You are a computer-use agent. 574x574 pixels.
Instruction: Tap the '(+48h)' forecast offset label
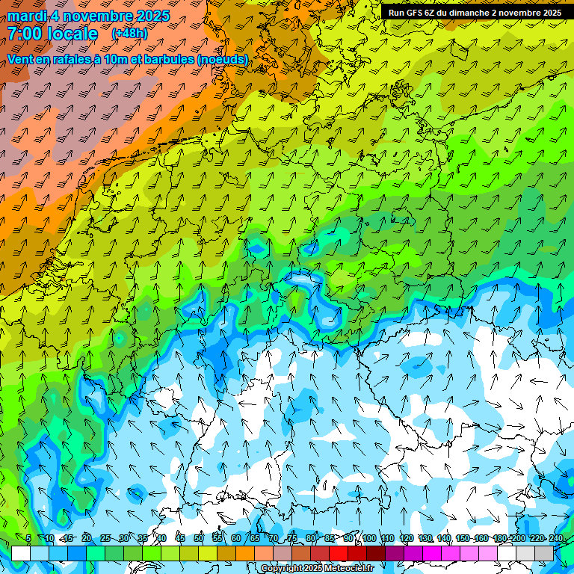[x=129, y=34]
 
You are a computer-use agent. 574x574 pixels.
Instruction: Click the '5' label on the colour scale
[x=28, y=539]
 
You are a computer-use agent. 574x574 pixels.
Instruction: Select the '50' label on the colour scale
[x=199, y=539]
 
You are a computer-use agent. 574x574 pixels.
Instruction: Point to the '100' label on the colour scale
[x=369, y=539]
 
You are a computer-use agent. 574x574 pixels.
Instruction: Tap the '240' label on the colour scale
[x=556, y=539]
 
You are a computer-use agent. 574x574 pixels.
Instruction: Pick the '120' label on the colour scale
[x=407, y=539]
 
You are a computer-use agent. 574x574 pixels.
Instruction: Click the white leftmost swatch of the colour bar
[x=20, y=553]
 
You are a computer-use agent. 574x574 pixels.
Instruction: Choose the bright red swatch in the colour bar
[x=339, y=553]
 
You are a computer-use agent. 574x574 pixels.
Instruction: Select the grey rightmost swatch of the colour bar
[x=544, y=553]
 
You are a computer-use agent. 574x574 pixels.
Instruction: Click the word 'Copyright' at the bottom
[x=282, y=569]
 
